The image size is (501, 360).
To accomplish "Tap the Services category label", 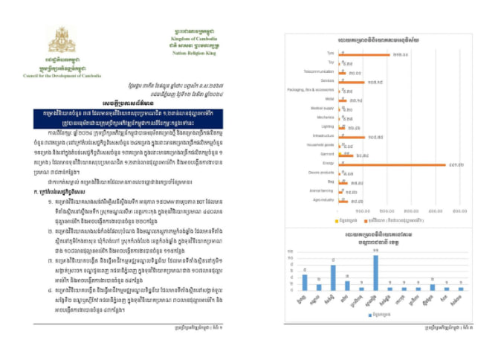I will pyautogui.click(x=327, y=81).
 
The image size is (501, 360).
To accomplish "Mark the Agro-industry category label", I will pyautogui.click(x=324, y=200).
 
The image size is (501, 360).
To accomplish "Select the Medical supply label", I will pyautogui.click(x=323, y=109).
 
